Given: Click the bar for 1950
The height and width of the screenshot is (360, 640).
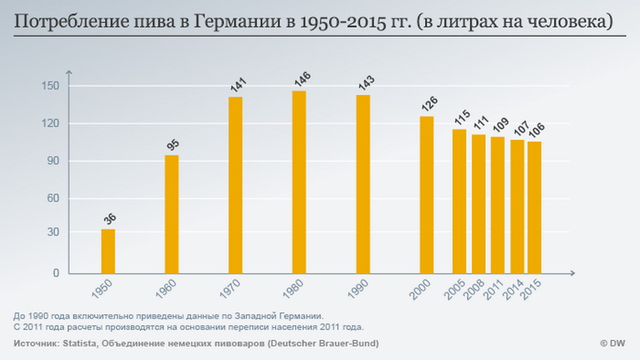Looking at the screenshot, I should click(x=108, y=251).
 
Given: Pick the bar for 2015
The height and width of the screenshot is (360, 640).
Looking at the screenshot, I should click(x=534, y=207).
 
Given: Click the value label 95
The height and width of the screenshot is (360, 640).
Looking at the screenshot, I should click(x=173, y=144).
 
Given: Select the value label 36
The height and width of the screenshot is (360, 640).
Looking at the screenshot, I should click(x=110, y=218).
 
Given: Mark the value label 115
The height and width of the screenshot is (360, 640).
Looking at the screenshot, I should click(x=461, y=118).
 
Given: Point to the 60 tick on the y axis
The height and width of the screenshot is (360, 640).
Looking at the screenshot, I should click(x=54, y=198).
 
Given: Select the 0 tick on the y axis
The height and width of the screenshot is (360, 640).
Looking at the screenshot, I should click(x=57, y=273).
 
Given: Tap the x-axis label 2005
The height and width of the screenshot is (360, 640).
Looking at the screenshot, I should click(x=457, y=290).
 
